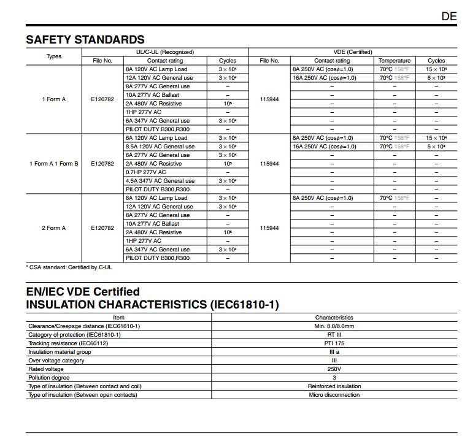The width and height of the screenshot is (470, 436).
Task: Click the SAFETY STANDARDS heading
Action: [85, 40]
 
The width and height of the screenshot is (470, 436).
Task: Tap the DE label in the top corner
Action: [449, 17]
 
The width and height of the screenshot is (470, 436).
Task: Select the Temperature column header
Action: [394, 61]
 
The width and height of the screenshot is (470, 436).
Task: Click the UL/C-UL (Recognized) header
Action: [165, 52]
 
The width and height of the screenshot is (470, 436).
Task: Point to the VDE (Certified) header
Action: [353, 52]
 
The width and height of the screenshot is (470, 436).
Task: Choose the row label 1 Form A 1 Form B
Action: [54, 164]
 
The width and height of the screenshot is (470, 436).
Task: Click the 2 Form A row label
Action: [54, 228]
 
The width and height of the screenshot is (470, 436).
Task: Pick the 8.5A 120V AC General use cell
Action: [160, 147]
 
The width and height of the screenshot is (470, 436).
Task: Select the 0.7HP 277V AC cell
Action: [145, 172]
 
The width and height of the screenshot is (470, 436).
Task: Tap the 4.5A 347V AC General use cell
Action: [160, 181]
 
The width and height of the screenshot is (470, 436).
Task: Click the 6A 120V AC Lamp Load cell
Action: [156, 138]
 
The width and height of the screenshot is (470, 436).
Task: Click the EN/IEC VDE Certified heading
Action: [83, 292]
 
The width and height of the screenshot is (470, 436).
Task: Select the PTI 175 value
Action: [334, 343]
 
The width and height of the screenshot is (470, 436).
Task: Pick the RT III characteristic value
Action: [334, 335]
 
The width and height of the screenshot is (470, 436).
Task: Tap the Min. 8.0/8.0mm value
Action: [334, 326]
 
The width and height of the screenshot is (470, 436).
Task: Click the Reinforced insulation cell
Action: [334, 386]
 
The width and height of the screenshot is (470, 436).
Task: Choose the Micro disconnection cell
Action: [334, 395]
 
